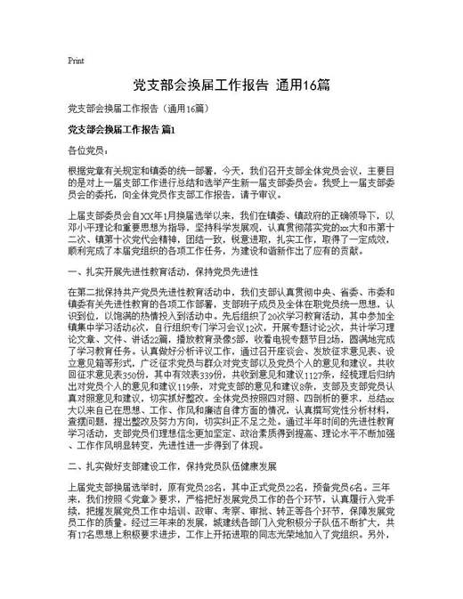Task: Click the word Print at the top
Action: pos(76,61)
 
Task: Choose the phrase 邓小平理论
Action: pos(93,227)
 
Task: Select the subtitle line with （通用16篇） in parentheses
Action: pos(138,109)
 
